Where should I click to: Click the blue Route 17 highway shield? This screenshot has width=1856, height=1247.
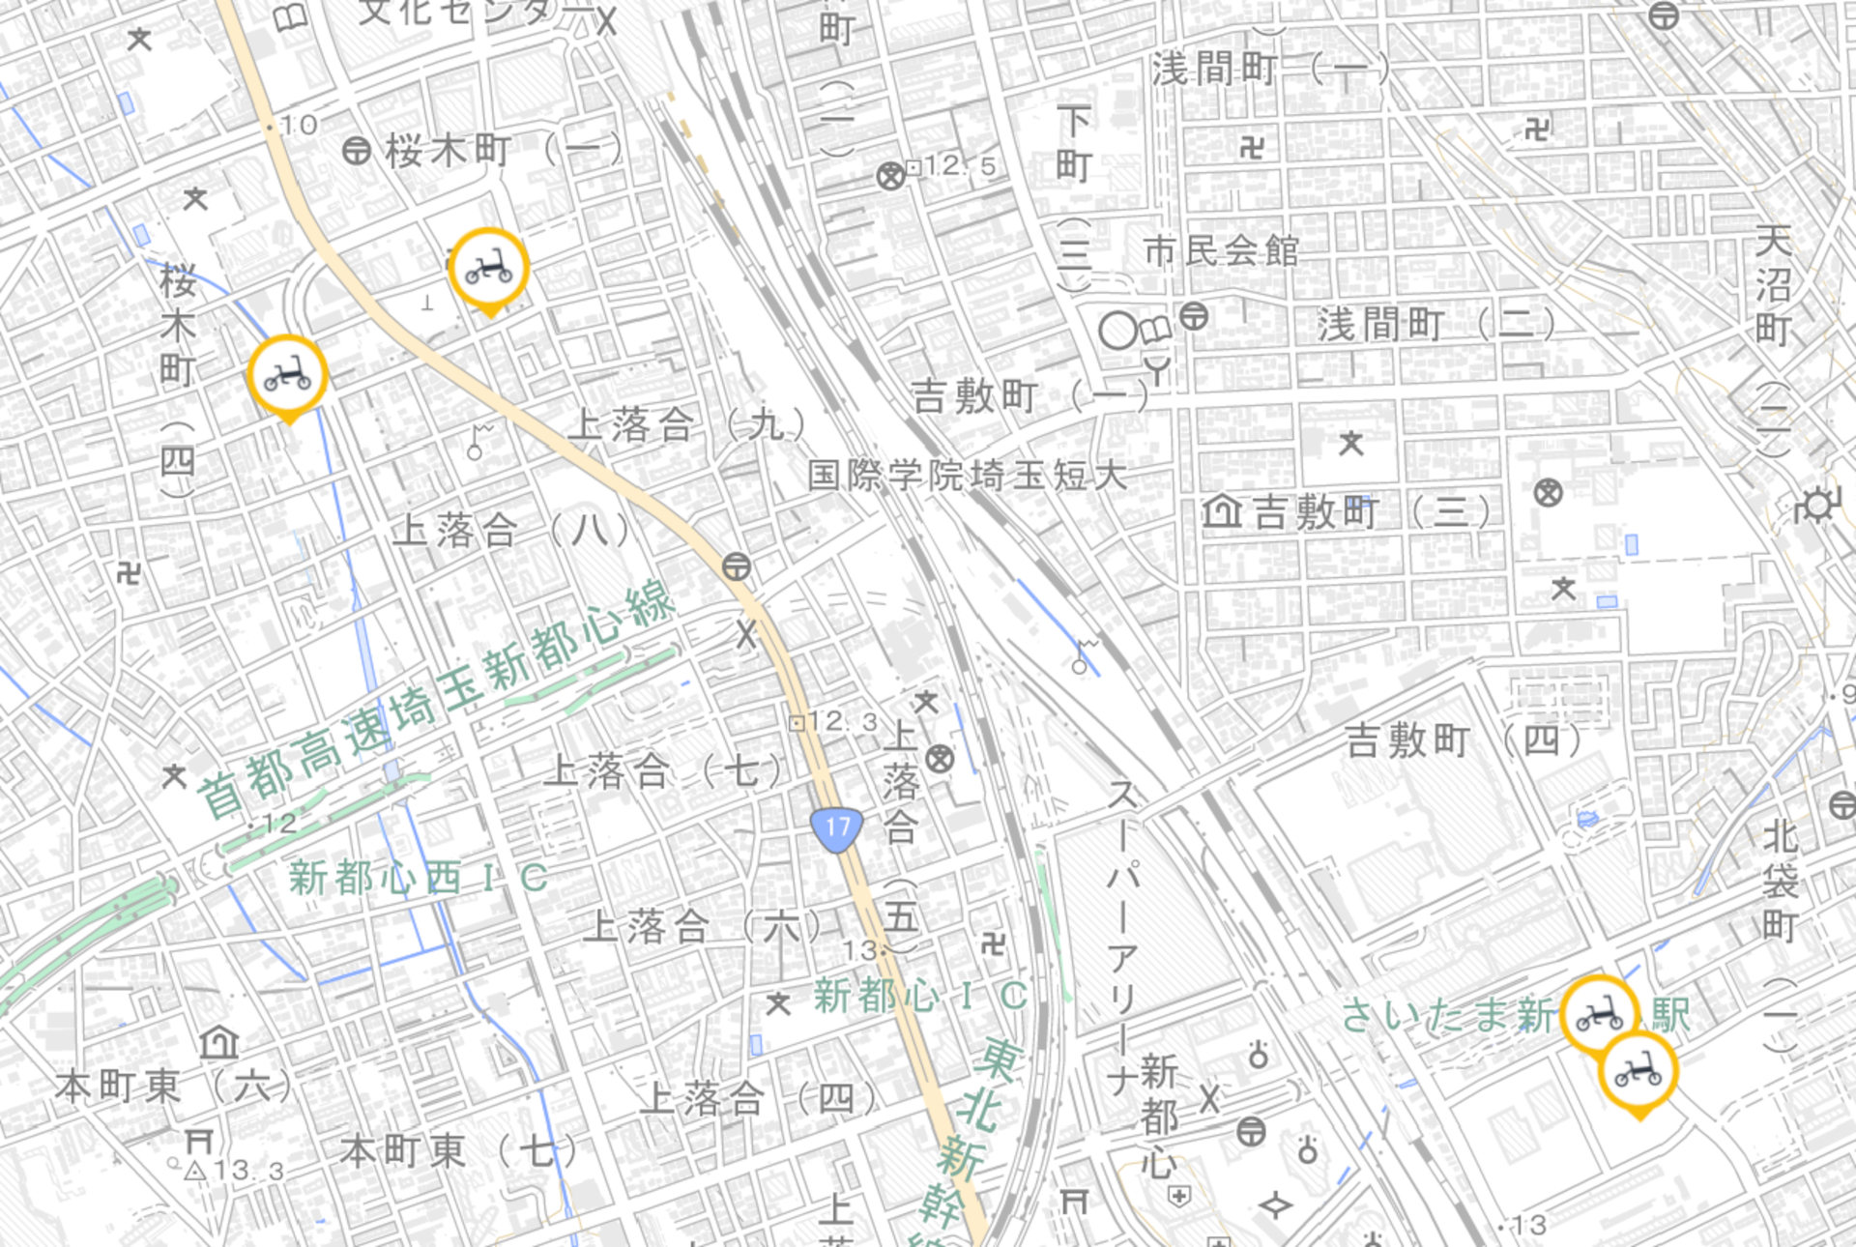click(837, 829)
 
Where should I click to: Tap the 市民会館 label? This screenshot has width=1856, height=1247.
click(1221, 251)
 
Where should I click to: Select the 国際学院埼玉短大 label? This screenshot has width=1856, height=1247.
click(968, 476)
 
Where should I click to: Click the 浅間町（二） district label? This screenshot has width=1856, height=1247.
click(1436, 325)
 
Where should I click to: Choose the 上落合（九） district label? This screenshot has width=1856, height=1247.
click(686, 424)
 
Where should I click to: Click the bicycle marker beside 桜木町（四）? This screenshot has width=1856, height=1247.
click(288, 375)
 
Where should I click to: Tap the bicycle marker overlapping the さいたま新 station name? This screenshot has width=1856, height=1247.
click(1600, 1014)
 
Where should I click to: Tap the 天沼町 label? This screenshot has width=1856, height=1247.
click(1773, 285)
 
